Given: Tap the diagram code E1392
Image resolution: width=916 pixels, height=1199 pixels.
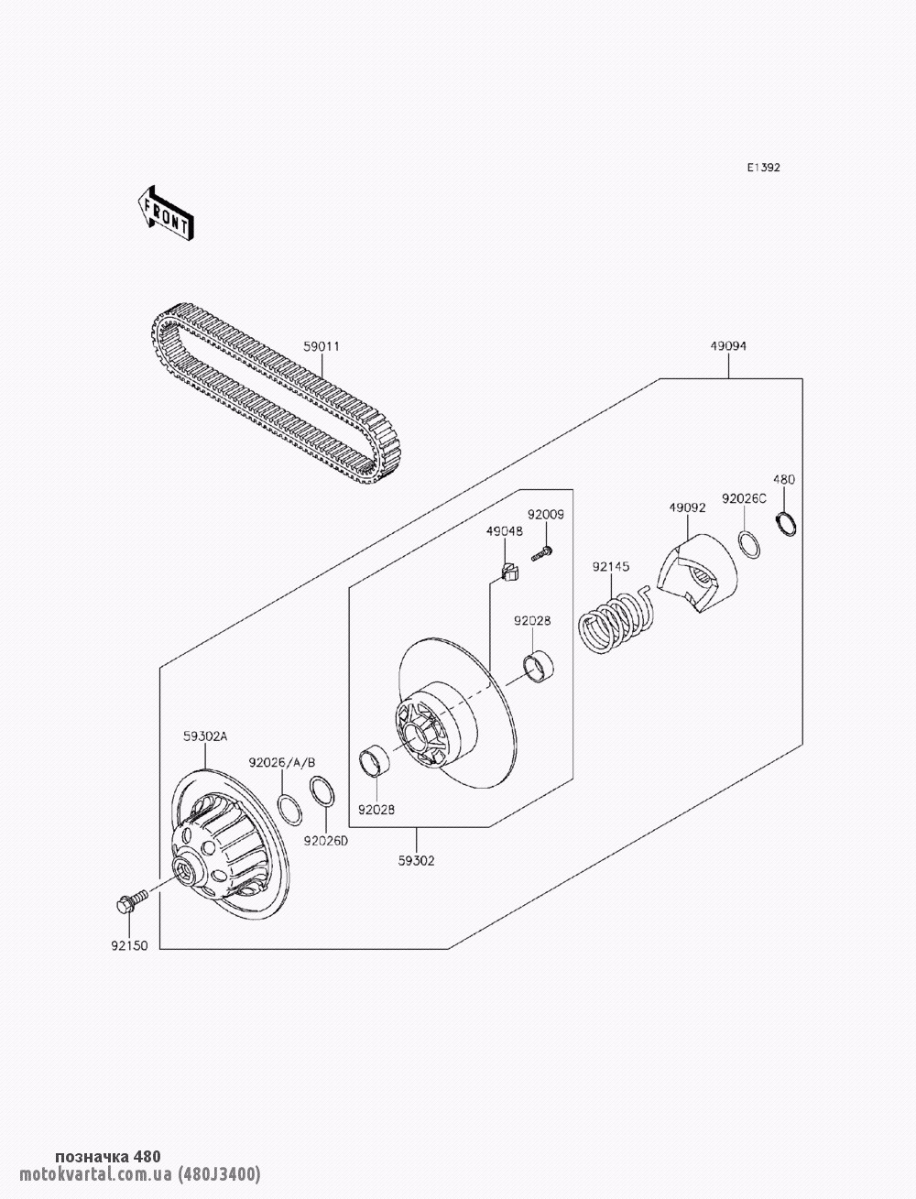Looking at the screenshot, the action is (764, 168).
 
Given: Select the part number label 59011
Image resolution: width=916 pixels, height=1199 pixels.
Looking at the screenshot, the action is (322, 346).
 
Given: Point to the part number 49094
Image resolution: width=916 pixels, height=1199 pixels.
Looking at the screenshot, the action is (728, 345).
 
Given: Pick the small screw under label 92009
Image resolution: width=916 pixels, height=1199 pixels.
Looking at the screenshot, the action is (542, 554).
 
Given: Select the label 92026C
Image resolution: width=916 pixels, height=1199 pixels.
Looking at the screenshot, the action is (744, 498).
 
